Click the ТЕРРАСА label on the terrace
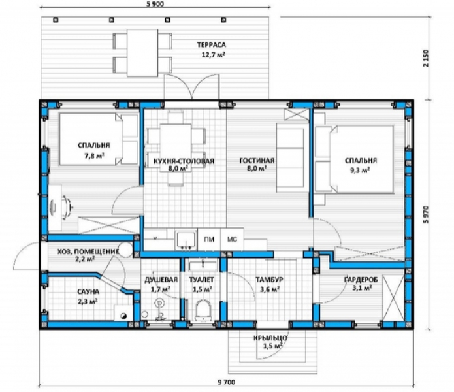212,45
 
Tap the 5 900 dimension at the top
155,3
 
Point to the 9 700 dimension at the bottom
227,382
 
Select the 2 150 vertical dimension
425,59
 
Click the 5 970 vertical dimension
425,214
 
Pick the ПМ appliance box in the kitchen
209,239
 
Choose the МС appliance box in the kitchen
232,239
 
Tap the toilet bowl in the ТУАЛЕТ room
203,310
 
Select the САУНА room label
88,291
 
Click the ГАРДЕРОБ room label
361,280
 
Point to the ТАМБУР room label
269,280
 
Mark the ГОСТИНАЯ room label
257,161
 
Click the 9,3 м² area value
360,171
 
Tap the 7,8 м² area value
94,155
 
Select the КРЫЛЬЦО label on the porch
270,338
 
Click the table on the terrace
142,53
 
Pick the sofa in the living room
291,158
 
